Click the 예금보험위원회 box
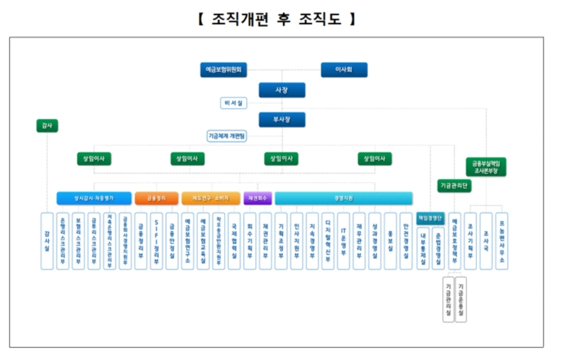coord(224,70)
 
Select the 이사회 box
coord(344,70)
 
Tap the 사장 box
coord(282,90)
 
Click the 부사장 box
coord(282,120)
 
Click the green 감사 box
coord(47,126)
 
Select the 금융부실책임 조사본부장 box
coord(486,167)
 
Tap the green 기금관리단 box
coord(454,186)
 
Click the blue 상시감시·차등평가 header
coord(93,198)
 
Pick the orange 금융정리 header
coord(156,198)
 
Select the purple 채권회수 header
coord(258,198)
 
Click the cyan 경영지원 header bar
coord(343,198)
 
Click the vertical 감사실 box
coord(47,240)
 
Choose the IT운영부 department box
coord(343,240)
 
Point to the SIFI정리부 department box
coord(156,240)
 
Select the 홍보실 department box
coord(390,240)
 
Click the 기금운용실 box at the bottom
coord(461,298)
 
